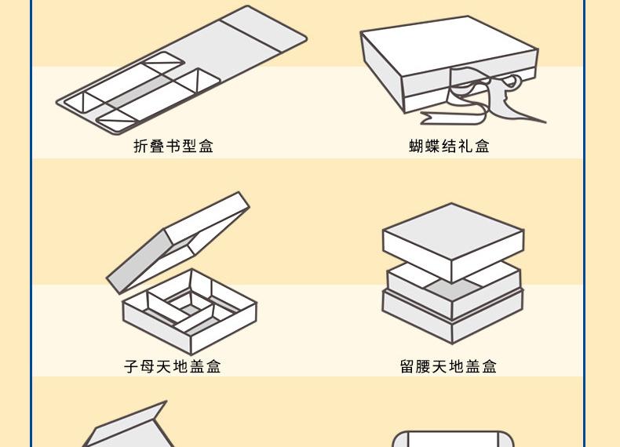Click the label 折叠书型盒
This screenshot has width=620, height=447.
(173, 146)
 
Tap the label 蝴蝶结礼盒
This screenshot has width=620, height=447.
(449, 146)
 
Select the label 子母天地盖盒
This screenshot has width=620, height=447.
(173, 366)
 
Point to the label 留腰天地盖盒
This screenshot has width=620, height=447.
(448, 366)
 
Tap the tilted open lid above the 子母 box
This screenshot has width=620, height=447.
(178, 242)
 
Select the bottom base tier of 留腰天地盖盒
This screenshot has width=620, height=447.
(453, 317)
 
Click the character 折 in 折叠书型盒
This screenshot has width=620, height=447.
(140, 146)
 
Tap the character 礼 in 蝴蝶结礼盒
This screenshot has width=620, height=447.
(466, 146)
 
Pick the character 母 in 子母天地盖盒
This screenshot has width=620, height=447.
(148, 366)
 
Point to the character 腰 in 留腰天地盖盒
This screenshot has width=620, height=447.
(424, 366)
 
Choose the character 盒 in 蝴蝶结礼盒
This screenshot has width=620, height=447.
(483, 146)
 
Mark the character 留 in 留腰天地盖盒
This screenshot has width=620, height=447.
(407, 366)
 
